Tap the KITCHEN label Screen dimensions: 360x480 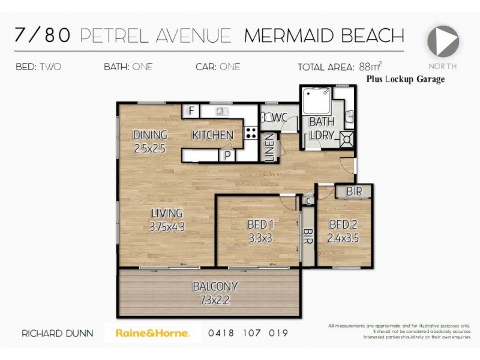click(212, 135)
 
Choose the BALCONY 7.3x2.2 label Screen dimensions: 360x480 click(215, 286)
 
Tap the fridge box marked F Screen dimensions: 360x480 click(191, 111)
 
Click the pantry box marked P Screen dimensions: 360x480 click(228, 155)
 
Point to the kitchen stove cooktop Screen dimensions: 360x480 click(251, 133)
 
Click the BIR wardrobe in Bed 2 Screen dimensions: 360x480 click(353, 191)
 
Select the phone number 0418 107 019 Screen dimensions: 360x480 click(248, 333)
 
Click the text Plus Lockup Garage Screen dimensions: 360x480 click(405, 79)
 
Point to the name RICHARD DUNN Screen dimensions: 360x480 click(58, 333)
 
